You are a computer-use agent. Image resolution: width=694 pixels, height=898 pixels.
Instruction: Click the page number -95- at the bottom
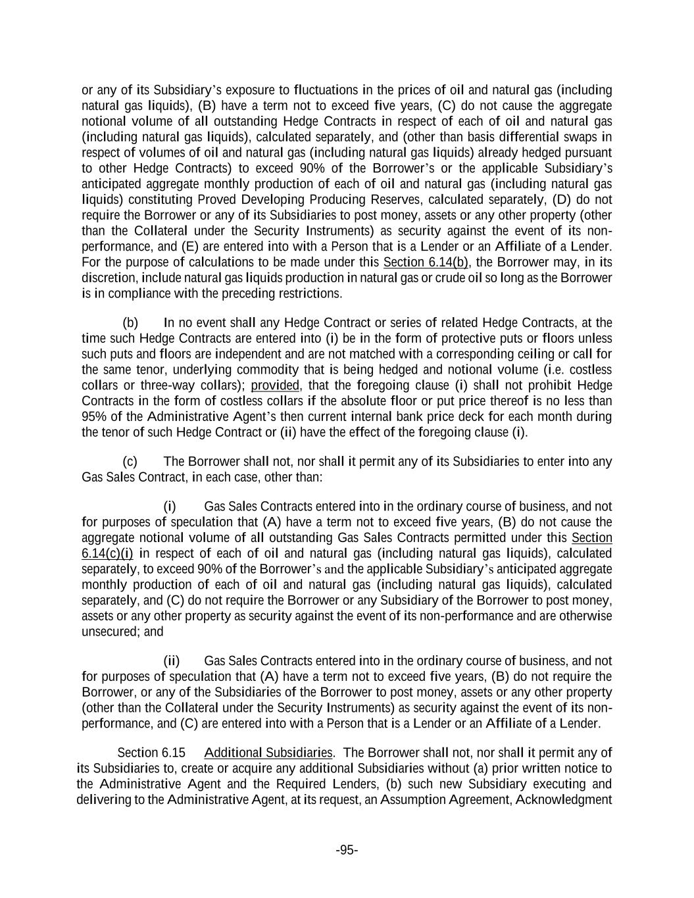(x=347, y=850)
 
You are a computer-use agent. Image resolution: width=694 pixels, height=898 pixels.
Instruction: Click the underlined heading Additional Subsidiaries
(x=268, y=753)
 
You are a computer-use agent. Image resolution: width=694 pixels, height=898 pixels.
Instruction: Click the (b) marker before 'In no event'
(x=130, y=323)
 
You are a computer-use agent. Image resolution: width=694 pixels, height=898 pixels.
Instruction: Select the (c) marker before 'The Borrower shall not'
(x=130, y=462)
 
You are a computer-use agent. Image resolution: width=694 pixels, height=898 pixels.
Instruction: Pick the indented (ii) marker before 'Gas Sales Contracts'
(x=172, y=661)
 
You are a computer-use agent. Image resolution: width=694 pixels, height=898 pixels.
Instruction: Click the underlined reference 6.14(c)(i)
(x=107, y=553)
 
